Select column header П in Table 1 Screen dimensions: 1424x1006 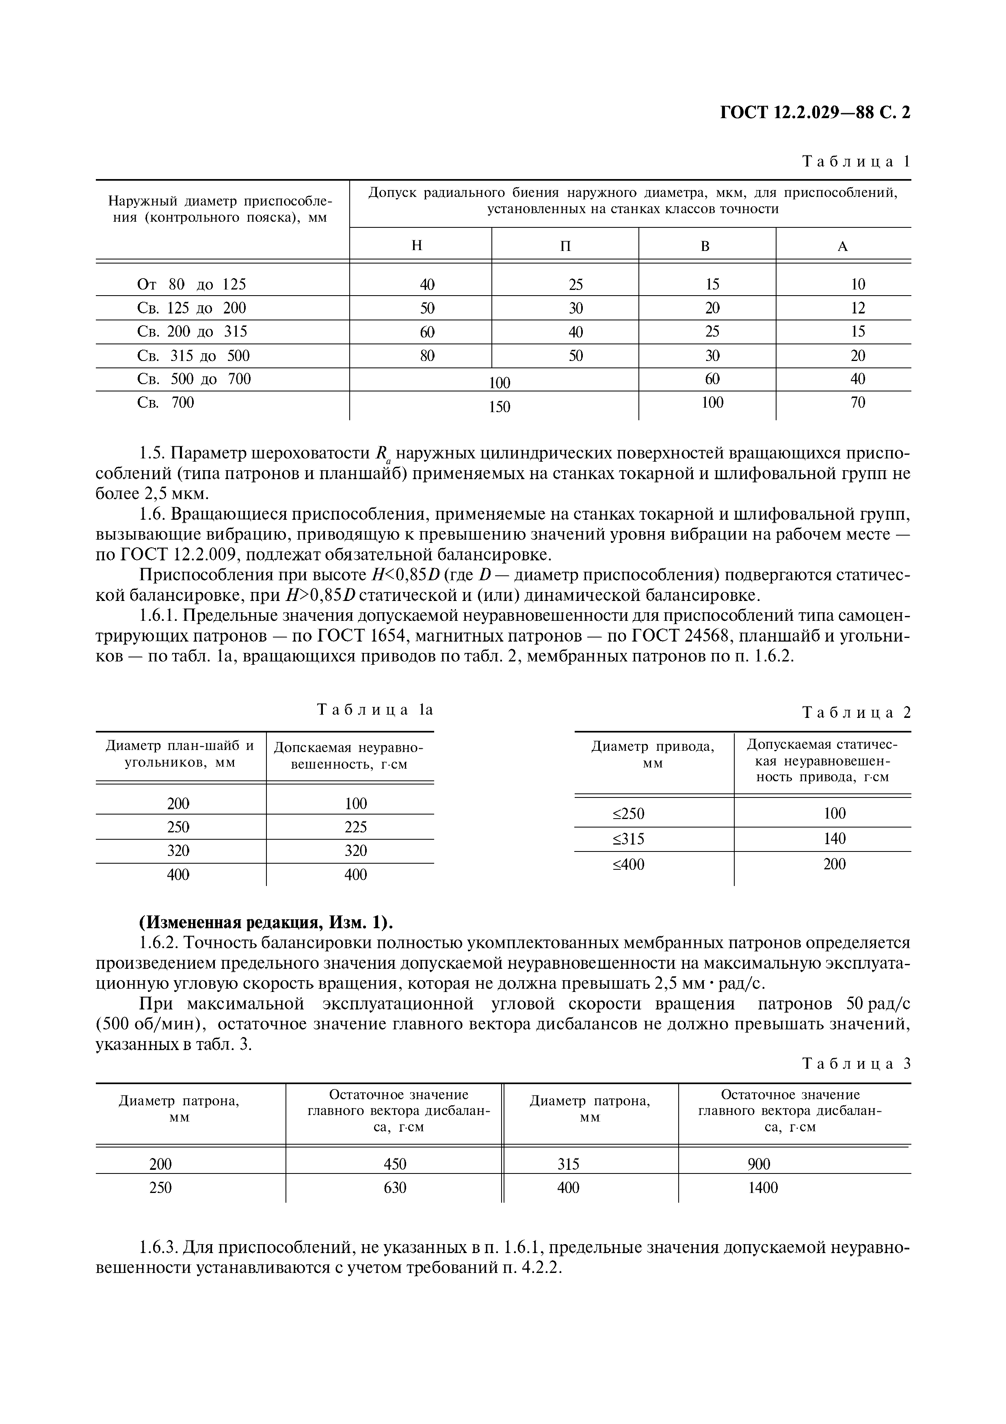[x=565, y=246]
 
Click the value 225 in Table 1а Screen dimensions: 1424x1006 [x=355, y=827]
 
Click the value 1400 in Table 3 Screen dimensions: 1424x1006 [x=762, y=1188]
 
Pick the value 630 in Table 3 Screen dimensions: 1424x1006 [x=395, y=1188]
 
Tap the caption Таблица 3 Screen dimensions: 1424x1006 [x=856, y=1064]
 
